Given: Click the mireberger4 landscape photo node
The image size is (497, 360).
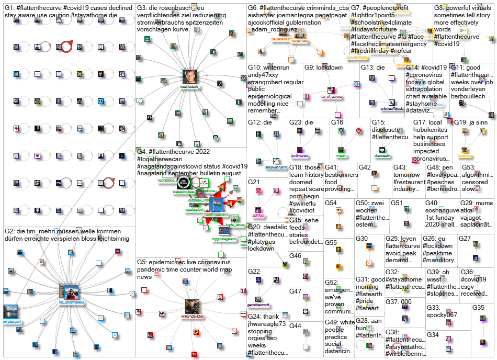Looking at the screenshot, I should click(x=10, y=311).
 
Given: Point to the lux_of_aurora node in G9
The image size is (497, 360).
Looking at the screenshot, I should click(x=331, y=91).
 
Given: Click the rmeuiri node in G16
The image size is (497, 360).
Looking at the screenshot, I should click(x=341, y=150).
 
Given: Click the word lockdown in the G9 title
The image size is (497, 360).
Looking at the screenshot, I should click(x=330, y=68).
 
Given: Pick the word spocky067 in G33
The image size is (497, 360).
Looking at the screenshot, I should click(x=442, y=315).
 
